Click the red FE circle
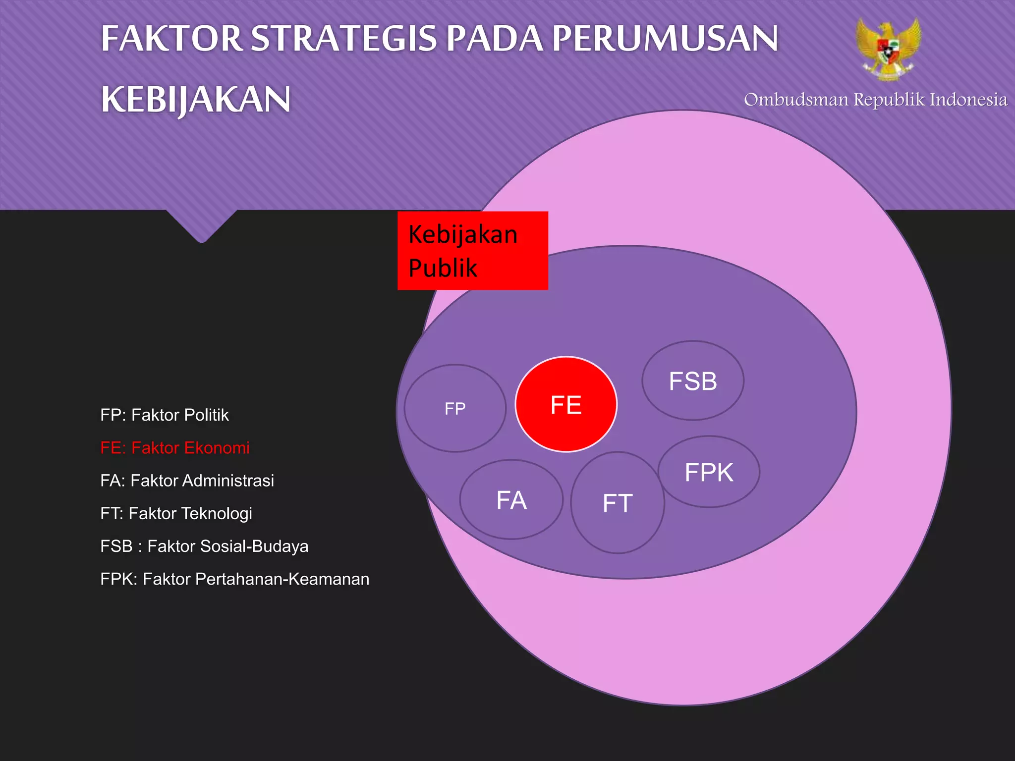(566, 404)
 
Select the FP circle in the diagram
(455, 408)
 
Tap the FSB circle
(693, 380)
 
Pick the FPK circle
(709, 472)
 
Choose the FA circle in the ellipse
(511, 499)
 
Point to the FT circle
(618, 502)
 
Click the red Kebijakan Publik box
(472, 251)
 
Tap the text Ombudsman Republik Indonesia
(875, 100)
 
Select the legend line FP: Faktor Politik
(165, 415)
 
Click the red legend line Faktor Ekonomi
(175, 447)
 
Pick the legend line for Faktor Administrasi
(187, 480)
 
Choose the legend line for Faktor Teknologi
(176, 513)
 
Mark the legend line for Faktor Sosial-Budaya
(204, 546)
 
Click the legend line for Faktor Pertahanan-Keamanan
(234, 579)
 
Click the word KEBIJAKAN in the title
(196, 100)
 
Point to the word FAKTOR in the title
(171, 39)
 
